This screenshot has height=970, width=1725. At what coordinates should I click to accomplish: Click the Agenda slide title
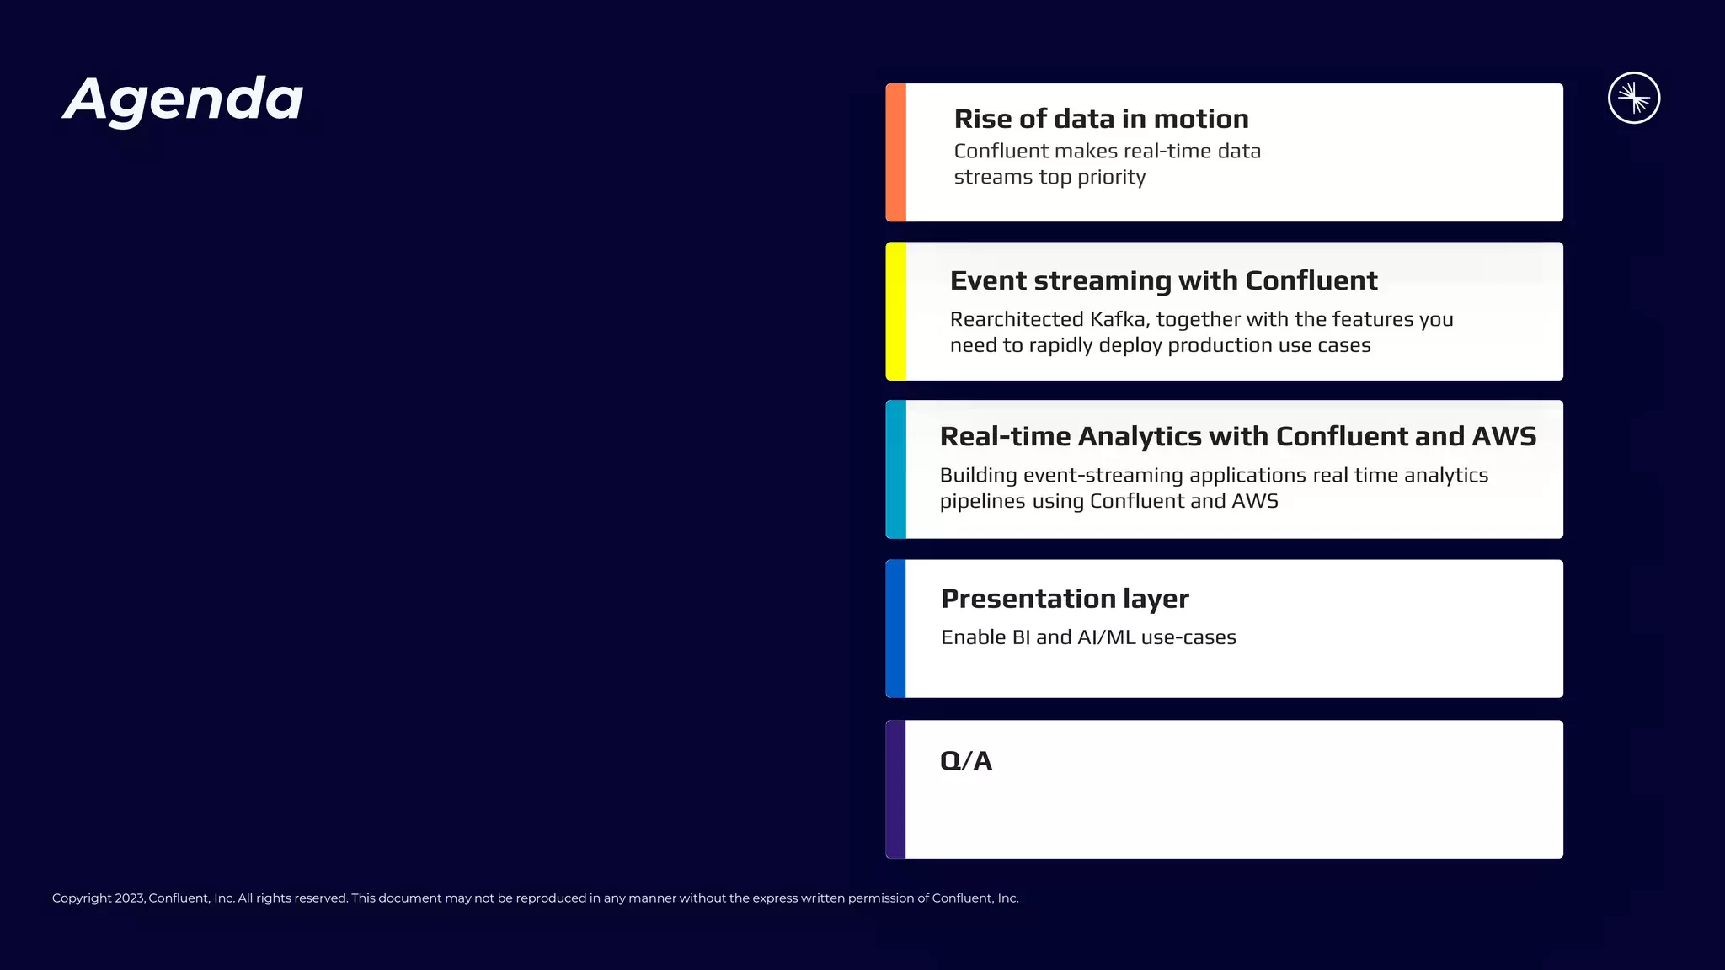(x=184, y=99)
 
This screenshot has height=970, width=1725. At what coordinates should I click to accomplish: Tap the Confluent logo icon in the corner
(x=1633, y=98)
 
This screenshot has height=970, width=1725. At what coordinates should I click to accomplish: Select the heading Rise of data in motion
(x=1101, y=119)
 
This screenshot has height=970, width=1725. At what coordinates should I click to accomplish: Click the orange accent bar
(x=895, y=152)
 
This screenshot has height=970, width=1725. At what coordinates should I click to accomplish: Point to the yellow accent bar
(x=895, y=311)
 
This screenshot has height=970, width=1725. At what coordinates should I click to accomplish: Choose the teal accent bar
(x=895, y=469)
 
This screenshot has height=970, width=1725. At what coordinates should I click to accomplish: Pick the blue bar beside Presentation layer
(x=895, y=628)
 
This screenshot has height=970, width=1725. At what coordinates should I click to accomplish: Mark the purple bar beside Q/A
(x=895, y=789)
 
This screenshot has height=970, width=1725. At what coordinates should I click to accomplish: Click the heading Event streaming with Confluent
(x=1163, y=280)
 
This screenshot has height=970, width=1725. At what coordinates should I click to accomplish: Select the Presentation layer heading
(x=1065, y=599)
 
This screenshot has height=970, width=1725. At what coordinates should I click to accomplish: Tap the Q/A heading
(x=965, y=761)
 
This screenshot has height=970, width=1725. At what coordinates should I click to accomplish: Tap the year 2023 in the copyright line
(x=130, y=898)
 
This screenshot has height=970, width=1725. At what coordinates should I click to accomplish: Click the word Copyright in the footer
(x=82, y=898)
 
